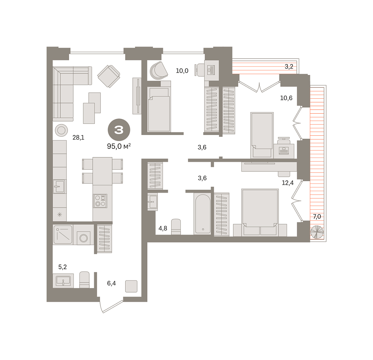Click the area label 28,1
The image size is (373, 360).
tap(78, 138)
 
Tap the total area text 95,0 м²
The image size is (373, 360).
tap(119, 146)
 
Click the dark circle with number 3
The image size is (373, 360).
tap(119, 130)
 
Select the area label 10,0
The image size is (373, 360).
tap(182, 70)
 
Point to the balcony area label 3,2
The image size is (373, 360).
tap(289, 67)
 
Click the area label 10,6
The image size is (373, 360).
tap(286, 98)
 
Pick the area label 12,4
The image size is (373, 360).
tap(288, 183)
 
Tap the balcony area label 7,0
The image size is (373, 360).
tap(317, 216)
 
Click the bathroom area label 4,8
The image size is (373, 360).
tap(163, 228)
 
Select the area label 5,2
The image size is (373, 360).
tap(63, 267)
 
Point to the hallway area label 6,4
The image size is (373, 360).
tap(111, 283)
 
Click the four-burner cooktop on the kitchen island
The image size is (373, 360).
tap(100, 201)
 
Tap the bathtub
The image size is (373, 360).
tap(202, 213)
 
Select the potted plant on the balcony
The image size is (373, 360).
tap(317, 232)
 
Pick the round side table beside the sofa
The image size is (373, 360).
tap(61, 130)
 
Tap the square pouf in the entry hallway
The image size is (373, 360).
tap(131, 286)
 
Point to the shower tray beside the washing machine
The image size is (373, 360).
tap(63, 235)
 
